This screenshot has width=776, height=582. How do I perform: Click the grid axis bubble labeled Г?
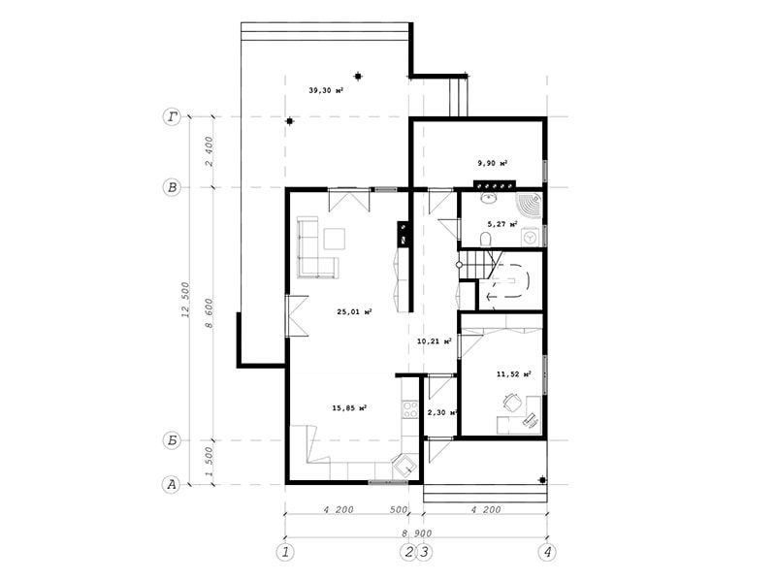pos(172,116)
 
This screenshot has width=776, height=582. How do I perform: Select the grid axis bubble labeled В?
pos(172,187)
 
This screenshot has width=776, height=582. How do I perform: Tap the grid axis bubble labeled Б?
pos(172,440)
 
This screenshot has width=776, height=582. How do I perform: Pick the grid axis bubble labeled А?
pos(172,484)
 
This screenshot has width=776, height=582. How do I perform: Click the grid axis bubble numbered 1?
pos(285,552)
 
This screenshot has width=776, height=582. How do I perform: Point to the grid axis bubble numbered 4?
pos(547,552)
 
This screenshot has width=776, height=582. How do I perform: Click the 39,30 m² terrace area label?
pos(326,90)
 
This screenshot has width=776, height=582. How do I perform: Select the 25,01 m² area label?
pos(354,311)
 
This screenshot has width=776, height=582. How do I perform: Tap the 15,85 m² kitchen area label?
pos(349,408)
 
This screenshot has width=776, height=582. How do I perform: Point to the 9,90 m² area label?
pos(493,163)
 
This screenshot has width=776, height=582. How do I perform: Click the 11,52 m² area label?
pos(514,374)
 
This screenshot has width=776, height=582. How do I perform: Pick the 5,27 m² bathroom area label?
pos(502,224)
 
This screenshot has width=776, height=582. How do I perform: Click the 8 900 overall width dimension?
pos(416,533)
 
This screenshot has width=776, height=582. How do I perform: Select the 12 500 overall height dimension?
pos(185,300)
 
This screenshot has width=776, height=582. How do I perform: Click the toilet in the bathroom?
pos(486,240)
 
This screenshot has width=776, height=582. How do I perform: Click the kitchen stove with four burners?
pos(409,409)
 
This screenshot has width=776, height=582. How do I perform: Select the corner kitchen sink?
pos(403,465)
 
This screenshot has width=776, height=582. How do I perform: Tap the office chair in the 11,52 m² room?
pos(512,402)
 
